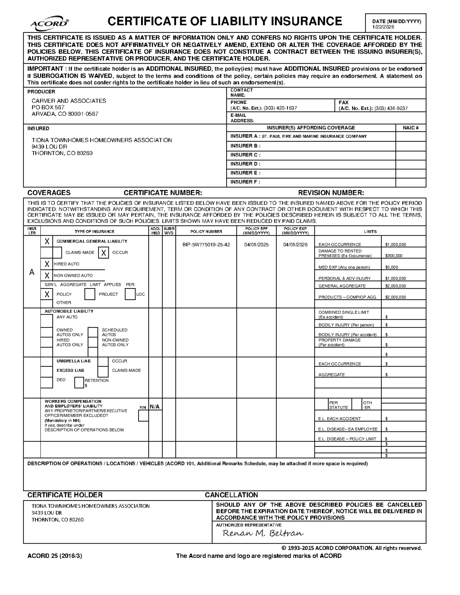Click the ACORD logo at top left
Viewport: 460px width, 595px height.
[49, 23]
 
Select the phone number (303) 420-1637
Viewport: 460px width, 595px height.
[280, 108]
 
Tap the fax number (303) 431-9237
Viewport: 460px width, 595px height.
[391, 108]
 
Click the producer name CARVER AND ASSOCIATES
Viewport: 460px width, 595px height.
[69, 101]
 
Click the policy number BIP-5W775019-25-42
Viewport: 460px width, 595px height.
[206, 245]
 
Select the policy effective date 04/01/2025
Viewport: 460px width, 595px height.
[256, 245]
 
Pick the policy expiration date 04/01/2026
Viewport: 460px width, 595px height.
[295, 245]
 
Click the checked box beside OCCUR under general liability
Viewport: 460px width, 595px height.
[103, 253]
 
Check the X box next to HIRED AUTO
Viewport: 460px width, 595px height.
[47, 264]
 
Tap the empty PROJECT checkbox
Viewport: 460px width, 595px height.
[90, 294]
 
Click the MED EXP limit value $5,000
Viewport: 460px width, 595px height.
[392, 267]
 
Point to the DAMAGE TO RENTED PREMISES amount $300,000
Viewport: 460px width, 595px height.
[394, 256]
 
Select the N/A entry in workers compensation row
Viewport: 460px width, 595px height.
[155, 407]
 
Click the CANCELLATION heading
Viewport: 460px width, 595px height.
[231, 495]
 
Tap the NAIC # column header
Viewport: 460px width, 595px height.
[411, 128]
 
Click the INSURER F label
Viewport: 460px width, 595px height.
[245, 182]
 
